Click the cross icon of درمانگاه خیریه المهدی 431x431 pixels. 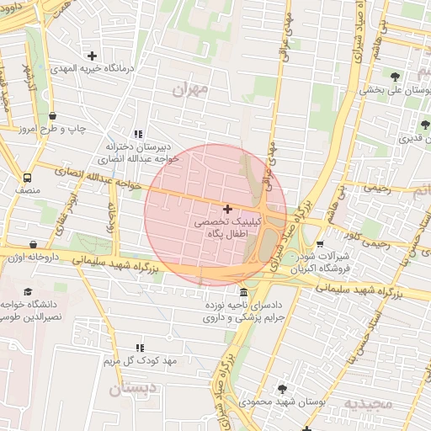92,56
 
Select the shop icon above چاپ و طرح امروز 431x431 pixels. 53,116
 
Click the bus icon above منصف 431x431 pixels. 28,178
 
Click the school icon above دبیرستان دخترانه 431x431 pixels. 139,133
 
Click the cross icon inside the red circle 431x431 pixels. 227,208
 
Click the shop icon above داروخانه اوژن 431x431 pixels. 34,245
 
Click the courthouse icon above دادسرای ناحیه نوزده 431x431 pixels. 243,292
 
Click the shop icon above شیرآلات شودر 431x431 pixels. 319,245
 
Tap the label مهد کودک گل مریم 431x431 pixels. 140,361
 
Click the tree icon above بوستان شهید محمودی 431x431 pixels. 282,389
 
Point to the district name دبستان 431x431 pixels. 133,389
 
